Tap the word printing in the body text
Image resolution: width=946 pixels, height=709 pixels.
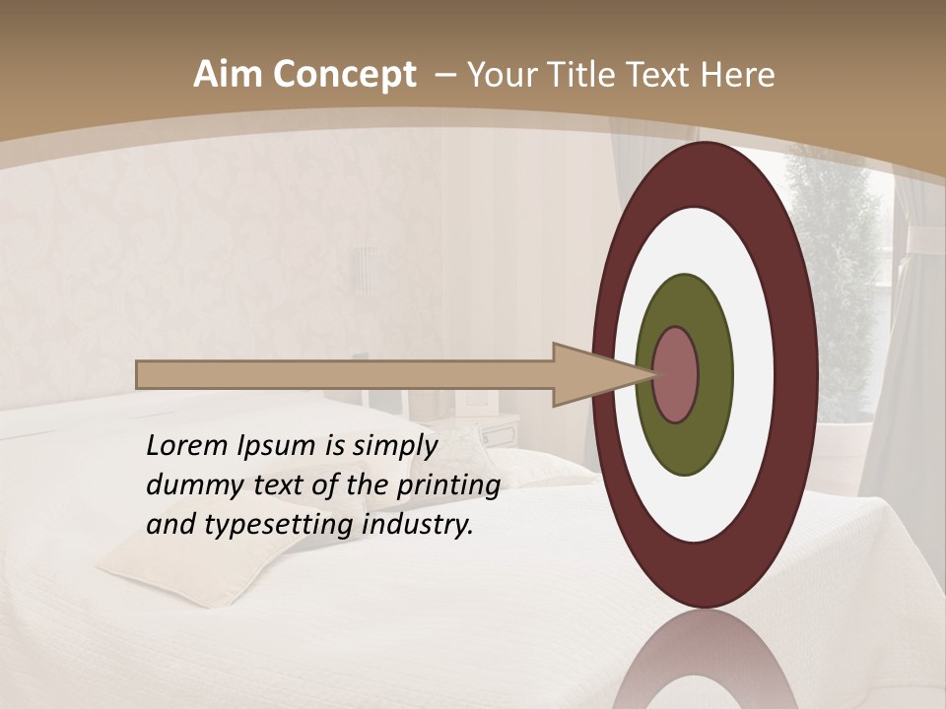(447, 486)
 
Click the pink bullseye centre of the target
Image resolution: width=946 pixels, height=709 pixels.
(676, 375)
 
